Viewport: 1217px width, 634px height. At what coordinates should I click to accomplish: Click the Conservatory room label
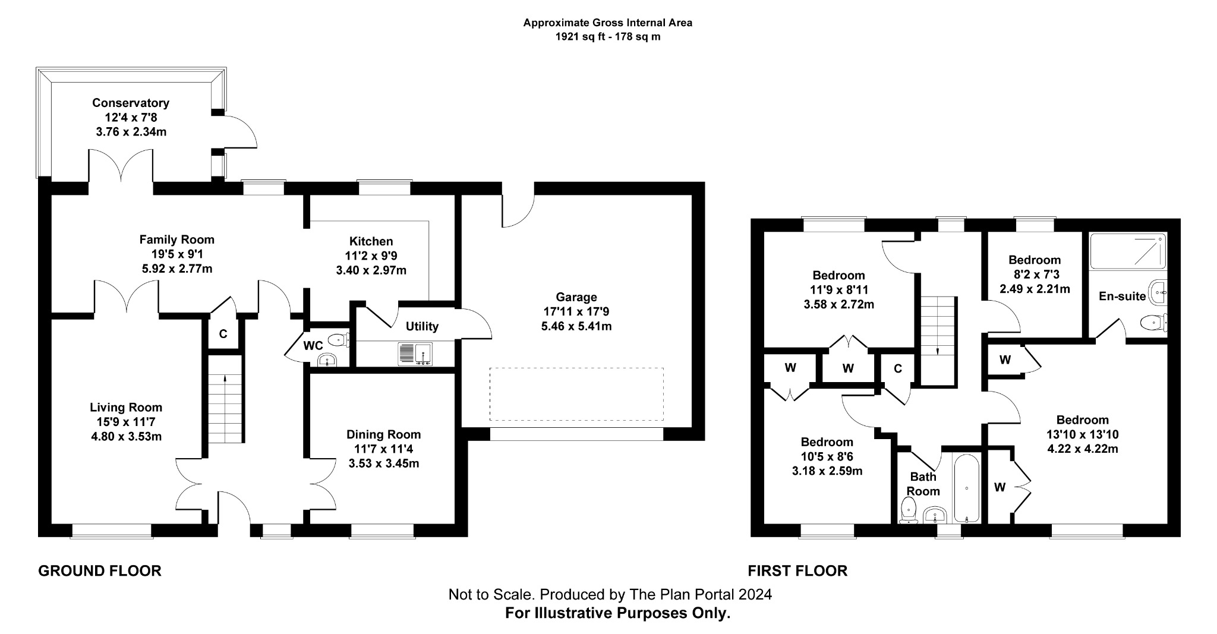(x=131, y=103)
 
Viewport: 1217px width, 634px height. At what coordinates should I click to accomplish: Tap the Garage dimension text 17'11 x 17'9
(x=576, y=311)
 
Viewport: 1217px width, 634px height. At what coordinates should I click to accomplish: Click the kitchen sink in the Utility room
(x=415, y=354)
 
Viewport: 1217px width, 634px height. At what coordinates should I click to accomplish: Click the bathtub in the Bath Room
(x=967, y=489)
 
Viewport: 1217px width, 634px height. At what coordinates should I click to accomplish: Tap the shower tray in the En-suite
(x=1128, y=251)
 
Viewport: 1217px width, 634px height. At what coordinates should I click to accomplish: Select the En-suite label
(x=1122, y=296)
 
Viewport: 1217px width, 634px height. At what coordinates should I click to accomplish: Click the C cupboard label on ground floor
(x=223, y=334)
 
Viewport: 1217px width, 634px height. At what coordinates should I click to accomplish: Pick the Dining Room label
(x=384, y=434)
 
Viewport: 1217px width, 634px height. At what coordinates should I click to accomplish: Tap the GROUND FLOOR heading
(x=100, y=571)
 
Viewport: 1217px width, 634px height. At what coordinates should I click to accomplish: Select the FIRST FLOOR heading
(x=797, y=571)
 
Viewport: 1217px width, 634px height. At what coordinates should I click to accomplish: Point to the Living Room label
(x=126, y=408)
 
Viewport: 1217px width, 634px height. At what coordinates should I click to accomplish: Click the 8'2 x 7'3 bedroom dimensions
(x=1035, y=275)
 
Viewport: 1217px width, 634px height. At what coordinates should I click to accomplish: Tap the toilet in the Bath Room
(x=909, y=510)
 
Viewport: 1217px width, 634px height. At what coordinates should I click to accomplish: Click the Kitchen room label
(x=371, y=241)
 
